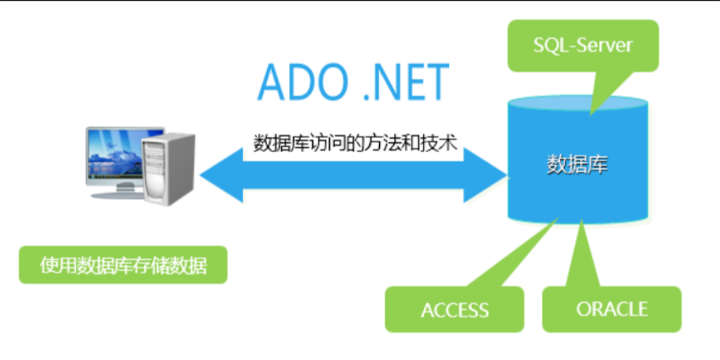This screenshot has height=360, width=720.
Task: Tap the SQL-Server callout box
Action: [x=583, y=46]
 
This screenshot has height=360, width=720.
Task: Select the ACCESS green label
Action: [x=454, y=309]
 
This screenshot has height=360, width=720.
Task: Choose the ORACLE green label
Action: [x=611, y=309]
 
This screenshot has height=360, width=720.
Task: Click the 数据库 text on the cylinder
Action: [x=577, y=165]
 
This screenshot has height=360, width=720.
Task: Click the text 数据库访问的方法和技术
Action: [x=355, y=143]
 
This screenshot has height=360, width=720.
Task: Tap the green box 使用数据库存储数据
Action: [x=123, y=265]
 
